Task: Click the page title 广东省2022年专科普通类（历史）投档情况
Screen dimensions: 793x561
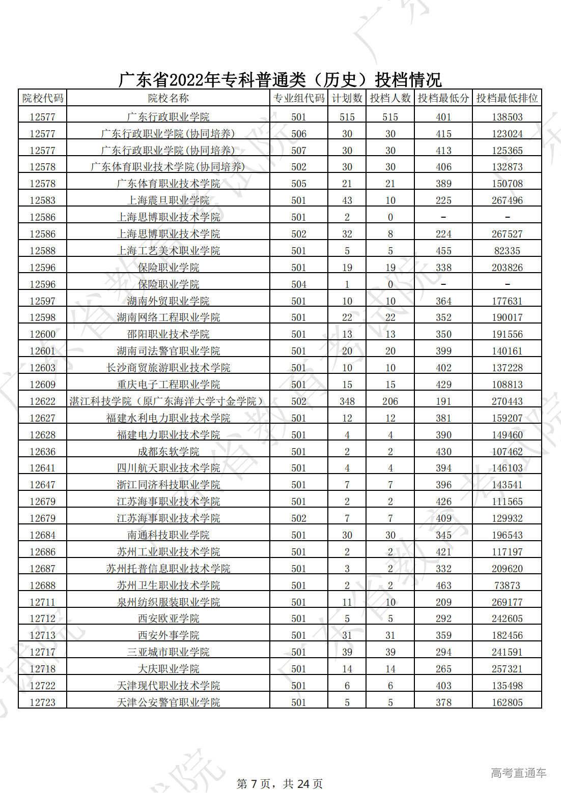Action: point(280,79)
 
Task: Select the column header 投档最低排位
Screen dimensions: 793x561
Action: point(507,98)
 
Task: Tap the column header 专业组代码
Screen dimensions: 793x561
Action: point(299,98)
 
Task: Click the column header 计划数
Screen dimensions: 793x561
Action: point(347,98)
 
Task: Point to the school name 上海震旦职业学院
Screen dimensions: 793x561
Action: point(168,200)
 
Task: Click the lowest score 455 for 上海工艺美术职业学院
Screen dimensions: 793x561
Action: point(443,251)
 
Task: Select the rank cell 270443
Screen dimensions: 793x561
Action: point(507,401)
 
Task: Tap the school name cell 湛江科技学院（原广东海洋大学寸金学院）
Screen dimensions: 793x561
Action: point(168,401)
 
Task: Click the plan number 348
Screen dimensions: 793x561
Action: point(347,401)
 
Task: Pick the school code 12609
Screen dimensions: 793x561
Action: point(42,385)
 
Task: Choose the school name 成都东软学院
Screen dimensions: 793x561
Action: point(168,452)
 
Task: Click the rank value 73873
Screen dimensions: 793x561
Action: point(507,585)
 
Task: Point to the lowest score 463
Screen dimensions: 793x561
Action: point(443,585)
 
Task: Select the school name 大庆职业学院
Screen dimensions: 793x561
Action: point(168,669)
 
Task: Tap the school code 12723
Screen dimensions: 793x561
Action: point(42,702)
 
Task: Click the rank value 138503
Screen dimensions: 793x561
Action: point(507,117)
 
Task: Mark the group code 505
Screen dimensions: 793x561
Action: point(299,184)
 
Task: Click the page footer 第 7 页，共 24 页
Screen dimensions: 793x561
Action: point(279,783)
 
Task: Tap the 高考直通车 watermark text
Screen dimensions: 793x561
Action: point(518,773)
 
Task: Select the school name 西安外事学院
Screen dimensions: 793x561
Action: point(168,635)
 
